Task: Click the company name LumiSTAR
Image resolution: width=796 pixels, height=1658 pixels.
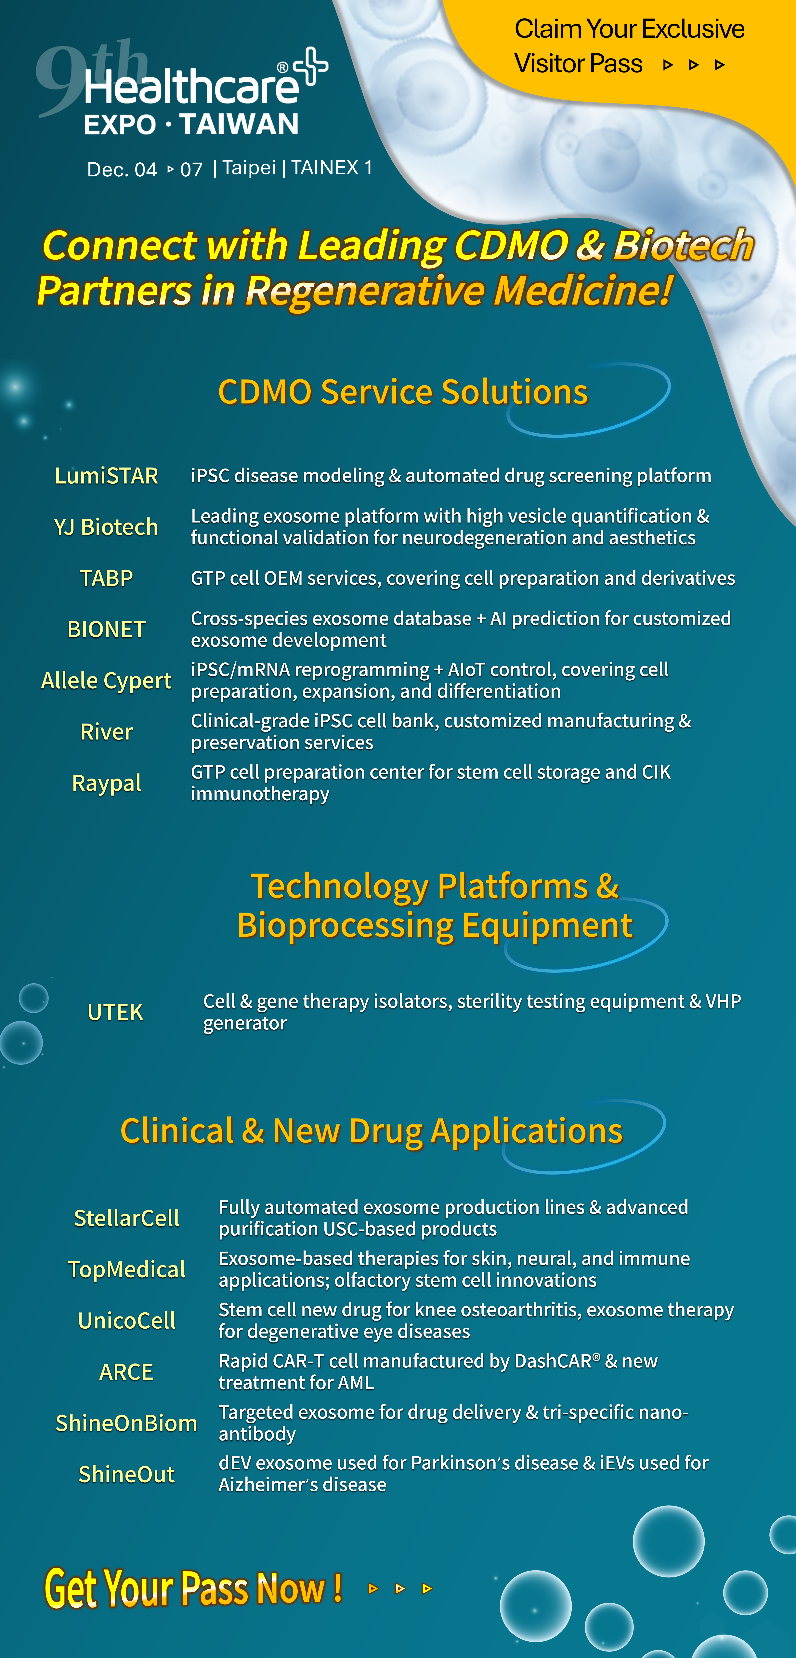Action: (106, 476)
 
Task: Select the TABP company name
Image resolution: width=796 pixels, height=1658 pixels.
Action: (106, 578)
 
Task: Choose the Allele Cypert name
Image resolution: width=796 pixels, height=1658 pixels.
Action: (106, 681)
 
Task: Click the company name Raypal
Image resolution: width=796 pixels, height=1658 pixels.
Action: (106, 783)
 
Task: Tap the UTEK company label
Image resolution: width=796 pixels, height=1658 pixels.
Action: (115, 1012)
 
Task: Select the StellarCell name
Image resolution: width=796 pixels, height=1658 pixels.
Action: (127, 1218)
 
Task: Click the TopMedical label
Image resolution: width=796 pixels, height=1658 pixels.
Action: (127, 1269)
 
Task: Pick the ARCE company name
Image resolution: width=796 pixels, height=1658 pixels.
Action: (126, 1372)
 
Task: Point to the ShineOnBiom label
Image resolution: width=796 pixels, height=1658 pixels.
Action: (126, 1423)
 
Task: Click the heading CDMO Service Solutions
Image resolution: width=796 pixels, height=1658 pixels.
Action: (403, 392)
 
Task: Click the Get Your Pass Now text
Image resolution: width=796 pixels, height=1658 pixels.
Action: (193, 1588)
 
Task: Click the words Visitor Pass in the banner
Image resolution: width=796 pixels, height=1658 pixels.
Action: (578, 64)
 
